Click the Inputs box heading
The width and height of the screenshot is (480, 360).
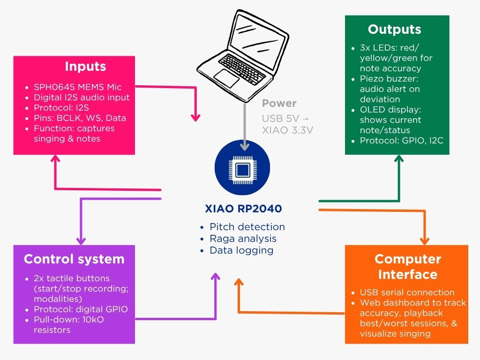[85, 67]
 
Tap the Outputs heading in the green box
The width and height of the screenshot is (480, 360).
[394, 29]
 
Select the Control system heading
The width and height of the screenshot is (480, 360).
[74, 259]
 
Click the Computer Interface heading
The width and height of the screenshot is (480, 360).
[408, 267]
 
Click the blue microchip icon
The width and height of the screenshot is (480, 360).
[242, 168]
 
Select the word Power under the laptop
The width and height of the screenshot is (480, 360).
[279, 103]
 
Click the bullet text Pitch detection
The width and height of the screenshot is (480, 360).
[247, 227]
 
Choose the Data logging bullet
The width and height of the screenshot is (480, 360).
[241, 250]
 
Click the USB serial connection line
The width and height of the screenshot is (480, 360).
[407, 292]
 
